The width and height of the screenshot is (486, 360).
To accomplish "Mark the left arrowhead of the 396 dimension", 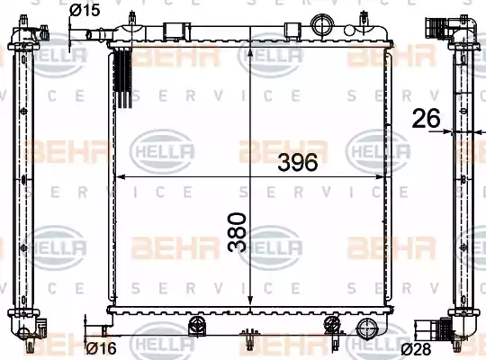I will [x=120, y=178].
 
